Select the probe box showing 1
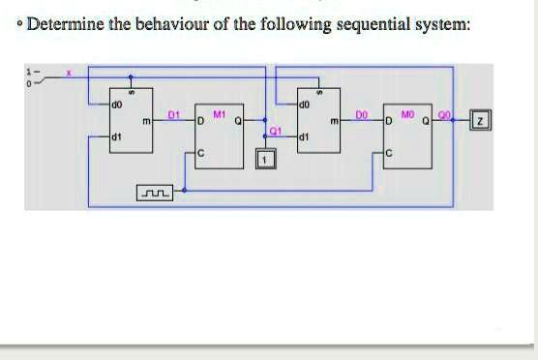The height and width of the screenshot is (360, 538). coord(261,159)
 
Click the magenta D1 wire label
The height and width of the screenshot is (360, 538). coord(174,114)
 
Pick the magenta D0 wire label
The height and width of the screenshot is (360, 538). coord(361,114)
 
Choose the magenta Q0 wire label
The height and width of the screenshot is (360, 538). coord(446,113)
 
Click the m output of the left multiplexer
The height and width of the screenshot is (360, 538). coord(145,121)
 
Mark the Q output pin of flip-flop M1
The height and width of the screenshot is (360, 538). coord(236,121)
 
